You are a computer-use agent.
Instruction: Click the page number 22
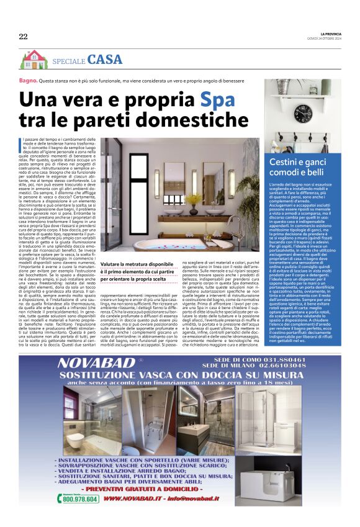(23, 37)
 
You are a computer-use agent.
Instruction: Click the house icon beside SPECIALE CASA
(34, 59)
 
